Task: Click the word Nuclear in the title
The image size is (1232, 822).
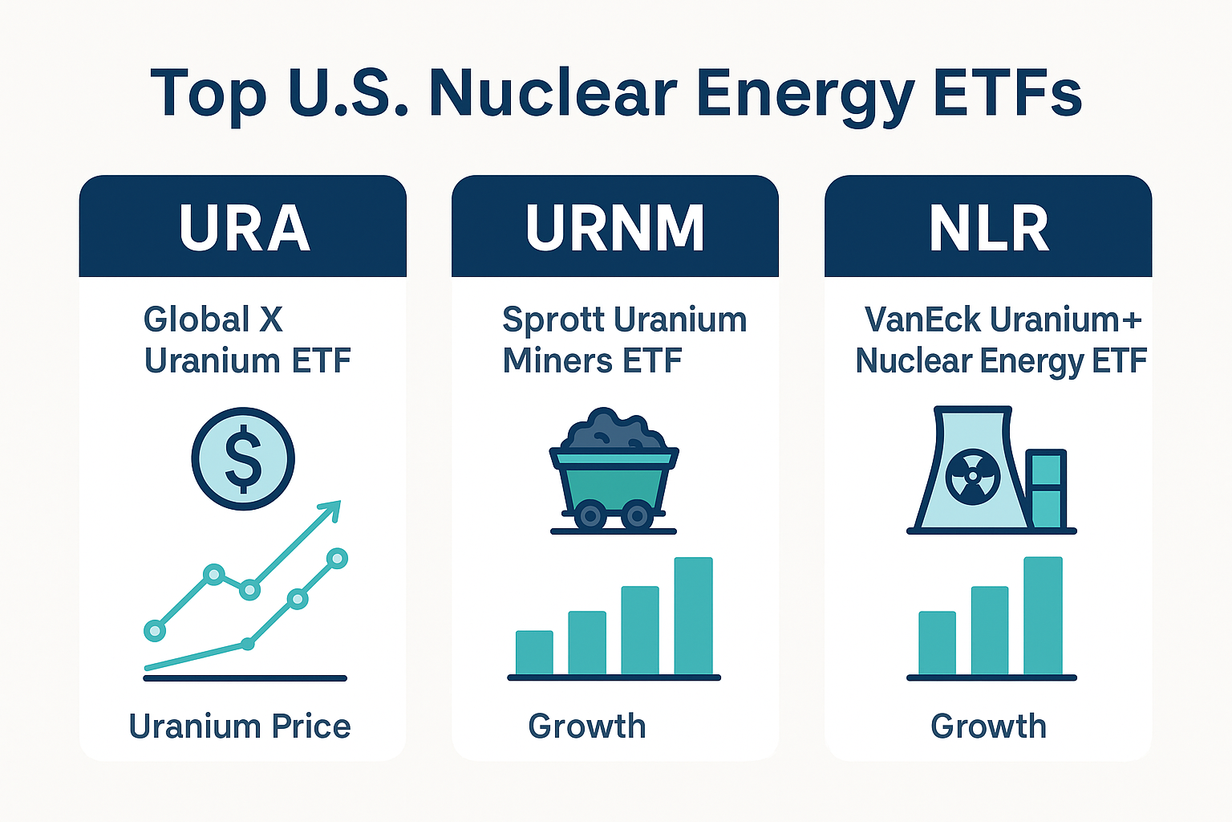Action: click(553, 94)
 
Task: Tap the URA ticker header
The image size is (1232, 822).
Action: click(244, 229)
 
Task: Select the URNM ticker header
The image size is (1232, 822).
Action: click(614, 229)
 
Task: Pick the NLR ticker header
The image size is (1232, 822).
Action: click(988, 229)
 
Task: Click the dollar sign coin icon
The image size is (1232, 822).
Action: click(243, 458)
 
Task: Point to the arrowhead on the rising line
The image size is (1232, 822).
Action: click(331, 508)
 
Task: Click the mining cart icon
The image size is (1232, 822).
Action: click(614, 474)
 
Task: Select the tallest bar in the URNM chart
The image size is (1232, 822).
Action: click(693, 616)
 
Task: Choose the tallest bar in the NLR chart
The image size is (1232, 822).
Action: click(1043, 616)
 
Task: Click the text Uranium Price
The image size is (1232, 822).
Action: click(240, 726)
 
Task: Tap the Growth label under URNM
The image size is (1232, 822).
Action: click(587, 726)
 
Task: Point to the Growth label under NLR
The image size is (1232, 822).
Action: click(988, 726)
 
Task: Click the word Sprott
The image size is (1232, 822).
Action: click(552, 320)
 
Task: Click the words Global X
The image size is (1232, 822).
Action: click(213, 319)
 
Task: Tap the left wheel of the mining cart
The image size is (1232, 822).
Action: click(590, 515)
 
